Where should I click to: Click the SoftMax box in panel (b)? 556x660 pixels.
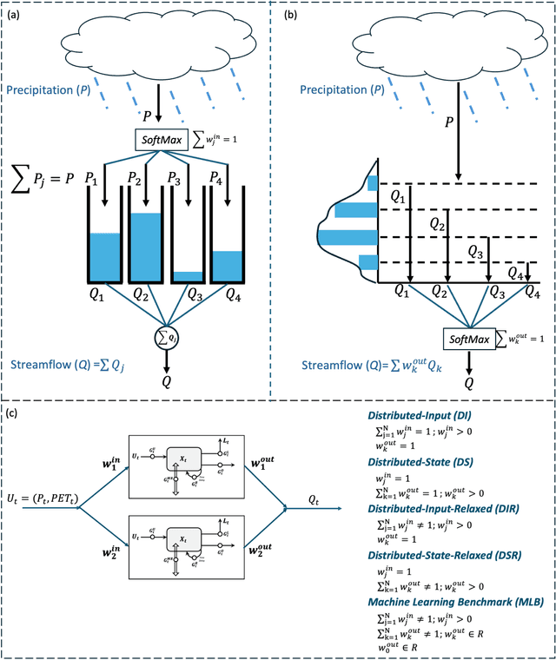tap(467, 339)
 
